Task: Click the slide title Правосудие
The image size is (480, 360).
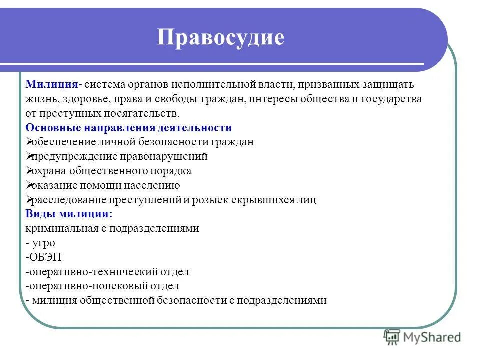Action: point(220,38)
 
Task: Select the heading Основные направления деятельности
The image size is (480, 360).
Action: point(129,127)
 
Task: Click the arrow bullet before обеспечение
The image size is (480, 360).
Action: point(28,142)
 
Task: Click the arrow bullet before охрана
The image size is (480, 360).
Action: point(28,171)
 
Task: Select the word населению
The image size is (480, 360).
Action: point(154,185)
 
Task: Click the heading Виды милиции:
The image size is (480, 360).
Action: point(69,214)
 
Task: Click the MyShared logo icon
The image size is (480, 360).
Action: point(392,336)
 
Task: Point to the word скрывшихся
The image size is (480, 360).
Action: point(264,200)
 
